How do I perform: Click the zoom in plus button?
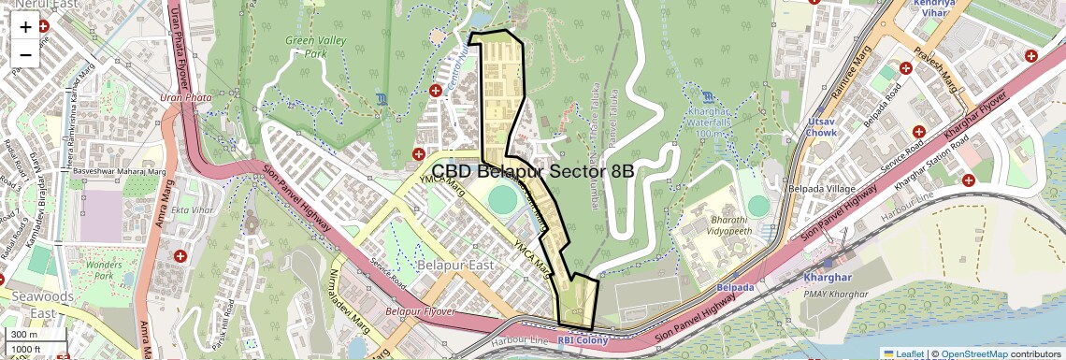tap(25, 27)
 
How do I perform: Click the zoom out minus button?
tap(25, 54)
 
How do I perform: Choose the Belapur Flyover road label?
tap(420, 310)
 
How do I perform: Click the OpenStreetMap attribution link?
tap(973, 353)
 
